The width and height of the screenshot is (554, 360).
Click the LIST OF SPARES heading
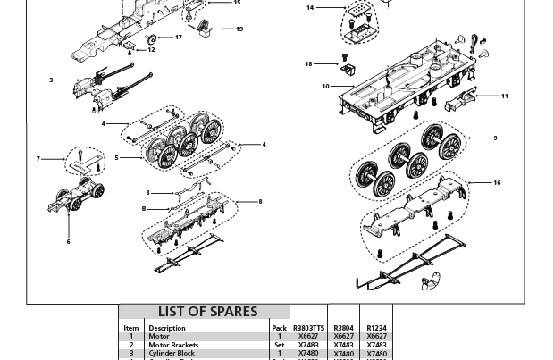[207, 312]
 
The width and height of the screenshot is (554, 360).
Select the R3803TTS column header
[308, 328]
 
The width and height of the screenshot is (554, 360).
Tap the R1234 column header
[376, 328]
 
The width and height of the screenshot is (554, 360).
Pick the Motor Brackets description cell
[173, 345]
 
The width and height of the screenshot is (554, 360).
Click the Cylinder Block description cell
[172, 353]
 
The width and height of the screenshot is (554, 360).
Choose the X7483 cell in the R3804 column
[343, 345]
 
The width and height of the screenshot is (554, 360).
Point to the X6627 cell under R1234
[376, 337]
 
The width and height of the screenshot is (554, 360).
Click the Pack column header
[279, 328]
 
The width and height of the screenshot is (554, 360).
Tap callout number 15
[237, 3]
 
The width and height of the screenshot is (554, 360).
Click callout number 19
[239, 29]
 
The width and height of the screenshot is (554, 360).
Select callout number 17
[179, 38]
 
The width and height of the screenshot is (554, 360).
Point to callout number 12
[151, 50]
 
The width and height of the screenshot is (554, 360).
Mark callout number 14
[310, 8]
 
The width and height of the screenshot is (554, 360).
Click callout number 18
[309, 64]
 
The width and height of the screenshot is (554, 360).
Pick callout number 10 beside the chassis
[326, 87]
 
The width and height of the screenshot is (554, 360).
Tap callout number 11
[505, 96]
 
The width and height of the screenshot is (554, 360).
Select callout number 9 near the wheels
[495, 138]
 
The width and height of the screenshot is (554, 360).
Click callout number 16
[498, 183]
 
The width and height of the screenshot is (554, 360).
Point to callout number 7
[38, 159]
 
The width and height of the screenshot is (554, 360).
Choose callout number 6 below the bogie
[68, 242]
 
